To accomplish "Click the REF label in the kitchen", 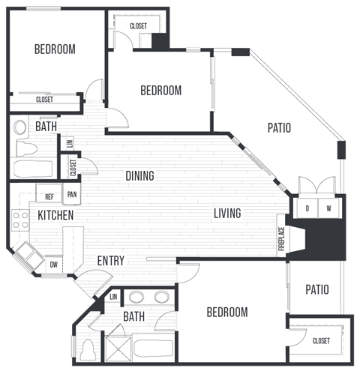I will tap(49, 196).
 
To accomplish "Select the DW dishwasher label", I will tap(53, 264).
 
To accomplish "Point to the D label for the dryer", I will tap(307, 208).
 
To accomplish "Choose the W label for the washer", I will tap(328, 208).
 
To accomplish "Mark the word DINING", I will tap(139, 176).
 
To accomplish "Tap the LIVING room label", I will tap(226, 214).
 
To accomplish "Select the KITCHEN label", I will tap(55, 215).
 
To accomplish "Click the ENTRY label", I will tap(110, 261).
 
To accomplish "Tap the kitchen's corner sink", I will tap(26, 255).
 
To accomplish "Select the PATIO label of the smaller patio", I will tap(317, 289).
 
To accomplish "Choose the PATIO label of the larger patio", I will tap(279, 128).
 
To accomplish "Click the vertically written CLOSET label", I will tap(73, 166).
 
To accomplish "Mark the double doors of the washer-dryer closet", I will tap(317, 185).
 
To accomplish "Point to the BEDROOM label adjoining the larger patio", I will tap(161, 91).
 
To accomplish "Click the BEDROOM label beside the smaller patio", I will tap(226, 312).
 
